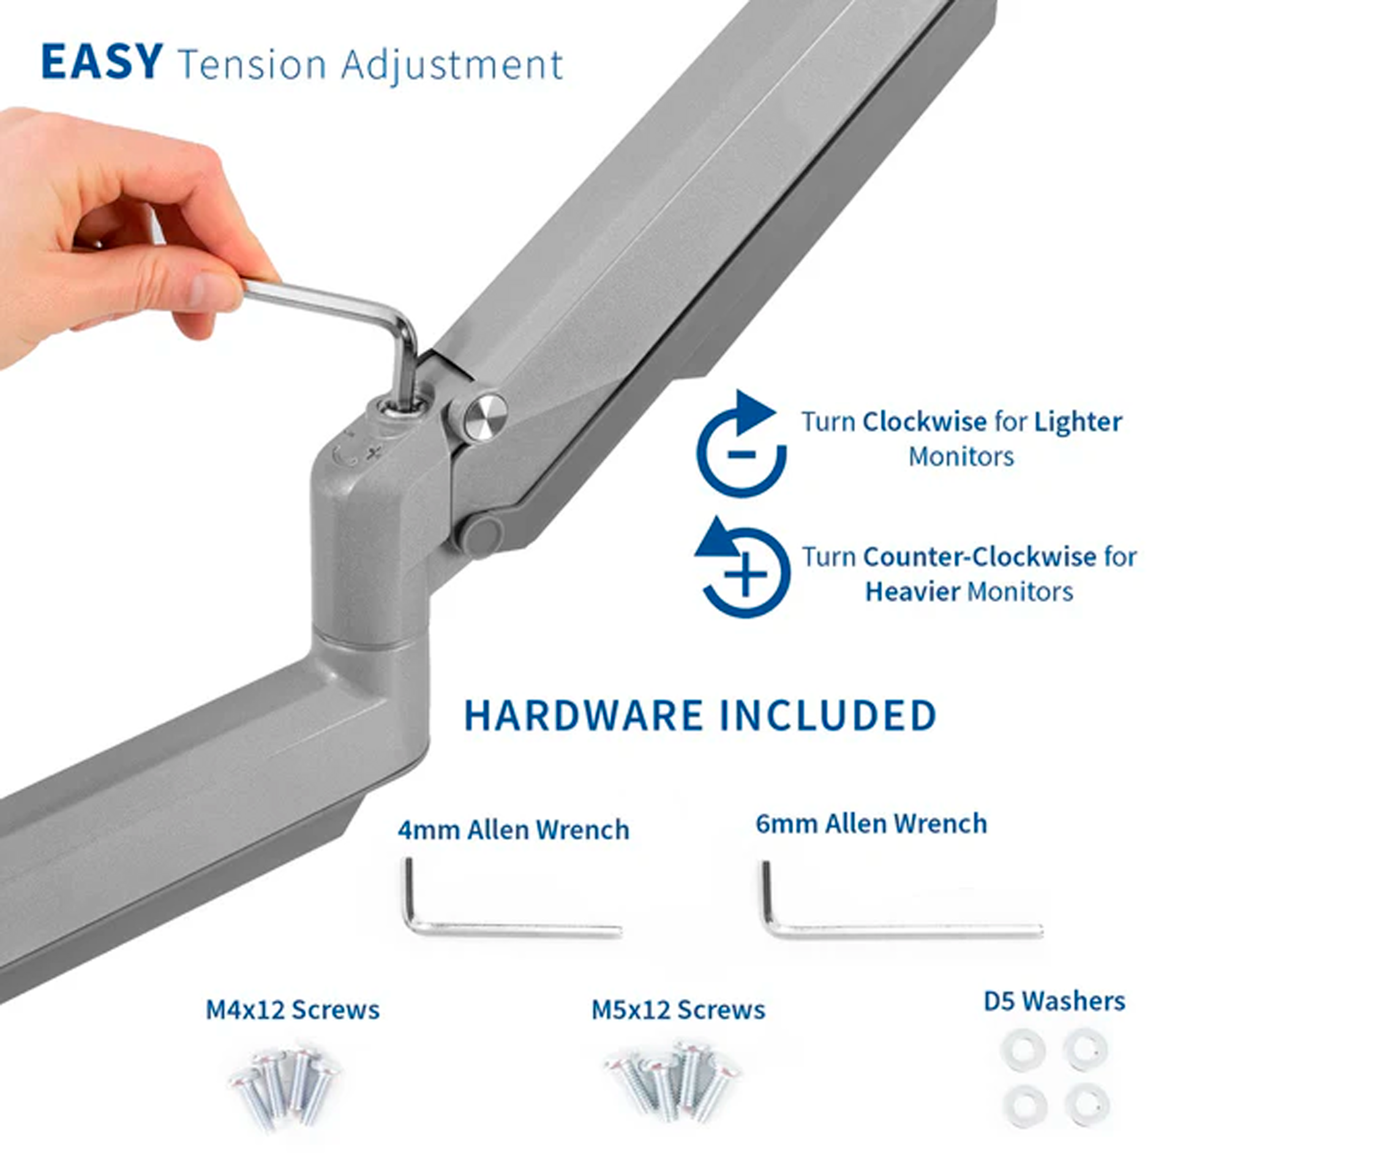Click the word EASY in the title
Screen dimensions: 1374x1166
pos(102,61)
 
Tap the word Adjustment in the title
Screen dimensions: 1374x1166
pos(452,66)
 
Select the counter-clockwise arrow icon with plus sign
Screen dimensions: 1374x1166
pos(742,568)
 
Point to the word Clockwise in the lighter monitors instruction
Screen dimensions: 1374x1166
pos(925,422)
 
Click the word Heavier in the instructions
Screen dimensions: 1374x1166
pos(913,592)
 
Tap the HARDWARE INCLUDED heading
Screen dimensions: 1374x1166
pos(700,715)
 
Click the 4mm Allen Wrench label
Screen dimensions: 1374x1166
pos(514,830)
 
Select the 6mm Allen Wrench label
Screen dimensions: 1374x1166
pos(871,824)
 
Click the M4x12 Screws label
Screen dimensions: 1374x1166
pos(293,1010)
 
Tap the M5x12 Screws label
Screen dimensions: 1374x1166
pos(678,1010)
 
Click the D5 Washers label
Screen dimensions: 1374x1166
pos(1054,1001)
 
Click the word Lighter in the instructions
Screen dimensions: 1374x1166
pos(1077,423)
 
